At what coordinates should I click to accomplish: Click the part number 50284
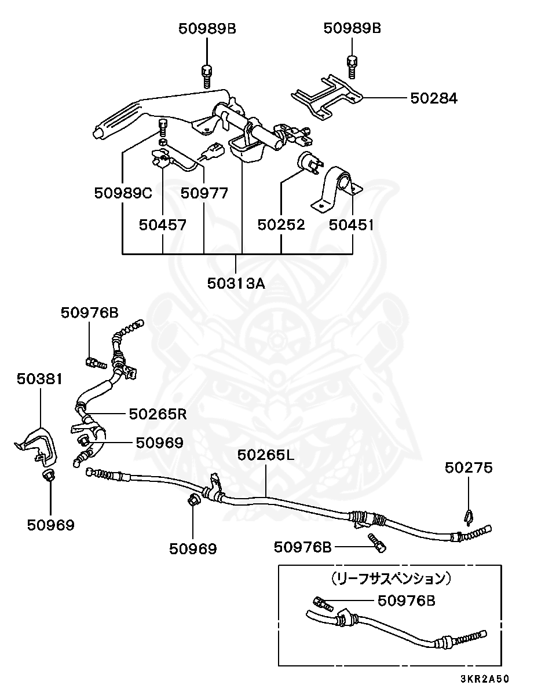pos(434,98)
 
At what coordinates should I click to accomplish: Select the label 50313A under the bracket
pos(236,283)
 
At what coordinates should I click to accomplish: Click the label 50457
pos(163,225)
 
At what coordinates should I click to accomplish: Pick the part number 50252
pos(281,225)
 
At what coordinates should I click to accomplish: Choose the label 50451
pos(351,225)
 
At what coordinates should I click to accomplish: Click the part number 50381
pos(39,379)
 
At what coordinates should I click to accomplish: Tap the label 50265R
pos(158,414)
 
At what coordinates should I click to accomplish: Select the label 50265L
pos(265,455)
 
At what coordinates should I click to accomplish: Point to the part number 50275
pos(469,468)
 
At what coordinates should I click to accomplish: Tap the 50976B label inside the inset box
pos(406,600)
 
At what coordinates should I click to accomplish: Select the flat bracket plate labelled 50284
pos(327,97)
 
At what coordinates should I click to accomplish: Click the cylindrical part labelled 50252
pos(310,163)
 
